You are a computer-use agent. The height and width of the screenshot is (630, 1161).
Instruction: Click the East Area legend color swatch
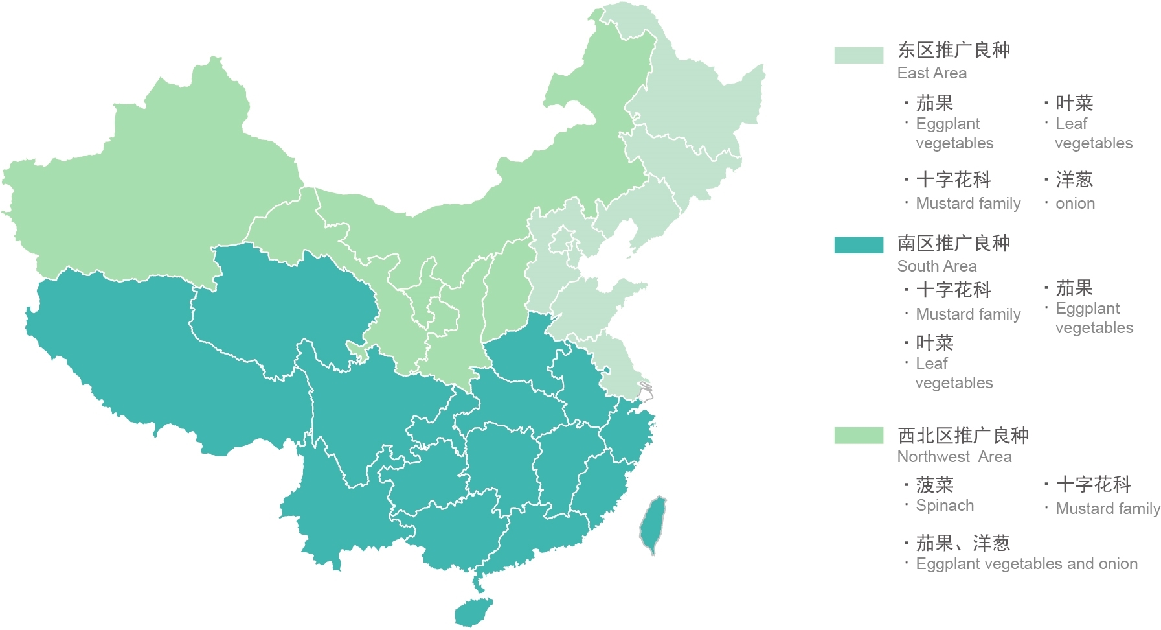[x=859, y=55]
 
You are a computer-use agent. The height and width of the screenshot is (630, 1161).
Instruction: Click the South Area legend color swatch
[x=859, y=245]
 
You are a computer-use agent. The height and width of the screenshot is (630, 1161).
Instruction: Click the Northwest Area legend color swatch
[x=859, y=436]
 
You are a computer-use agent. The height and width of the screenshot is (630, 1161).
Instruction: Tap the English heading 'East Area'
[x=932, y=73]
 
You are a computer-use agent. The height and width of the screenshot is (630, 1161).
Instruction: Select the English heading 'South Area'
[x=936, y=266]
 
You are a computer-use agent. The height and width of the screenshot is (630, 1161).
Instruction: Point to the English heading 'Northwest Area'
[x=954, y=457]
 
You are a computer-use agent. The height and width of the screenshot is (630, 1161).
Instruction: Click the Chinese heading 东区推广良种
[x=953, y=50]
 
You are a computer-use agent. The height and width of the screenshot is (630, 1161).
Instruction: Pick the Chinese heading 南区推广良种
[x=953, y=243]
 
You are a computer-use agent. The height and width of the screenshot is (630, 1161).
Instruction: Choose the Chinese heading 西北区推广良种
[x=963, y=436]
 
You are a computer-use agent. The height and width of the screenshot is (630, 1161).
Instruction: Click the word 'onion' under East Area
[x=1075, y=204]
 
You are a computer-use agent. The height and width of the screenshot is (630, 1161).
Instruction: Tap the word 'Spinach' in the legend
[x=945, y=506]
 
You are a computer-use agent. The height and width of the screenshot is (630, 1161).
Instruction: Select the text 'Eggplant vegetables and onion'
[x=1026, y=564]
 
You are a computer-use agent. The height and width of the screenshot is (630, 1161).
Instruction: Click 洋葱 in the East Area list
[x=1074, y=180]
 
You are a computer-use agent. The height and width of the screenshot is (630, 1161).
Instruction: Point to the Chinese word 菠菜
[x=934, y=485]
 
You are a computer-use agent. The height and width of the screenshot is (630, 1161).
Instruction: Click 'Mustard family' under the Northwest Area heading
[x=1108, y=509]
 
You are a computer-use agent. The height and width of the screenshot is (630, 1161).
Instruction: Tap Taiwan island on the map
[x=653, y=524]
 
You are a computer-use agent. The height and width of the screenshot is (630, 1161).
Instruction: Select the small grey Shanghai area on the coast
[x=646, y=391]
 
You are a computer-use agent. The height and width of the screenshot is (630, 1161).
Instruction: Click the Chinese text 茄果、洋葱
[x=963, y=543]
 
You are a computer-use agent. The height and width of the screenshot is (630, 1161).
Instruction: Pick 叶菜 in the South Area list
[x=934, y=343]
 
